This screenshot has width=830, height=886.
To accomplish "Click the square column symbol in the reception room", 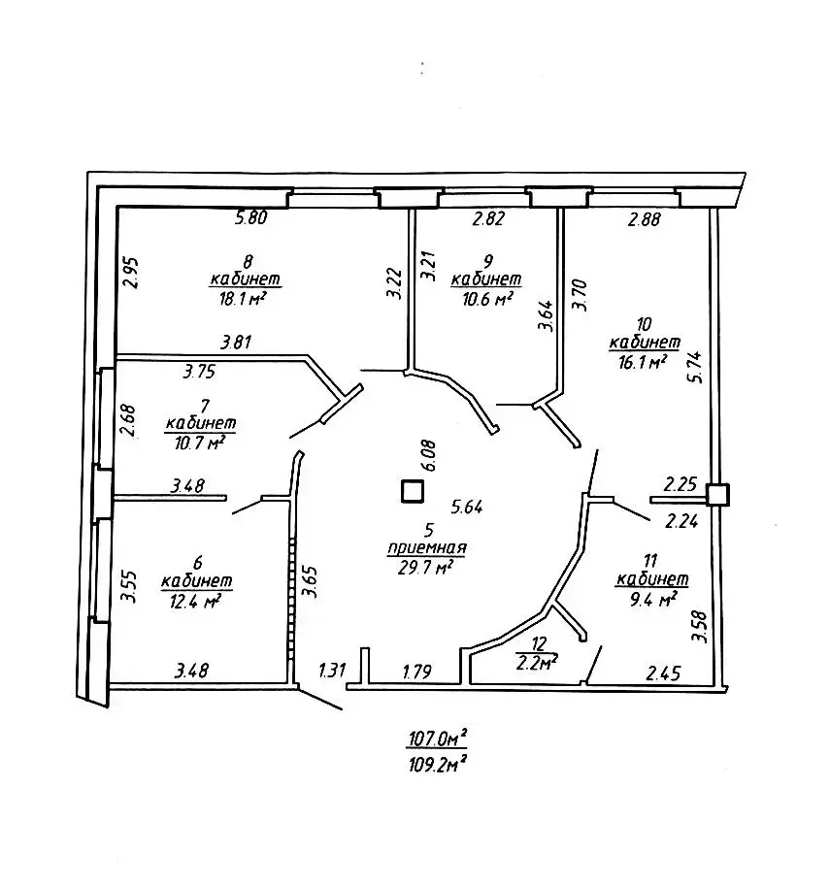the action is tap(413, 491).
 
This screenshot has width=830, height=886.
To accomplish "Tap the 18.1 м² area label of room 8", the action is tap(243, 298).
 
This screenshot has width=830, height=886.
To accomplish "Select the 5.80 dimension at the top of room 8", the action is tap(251, 217).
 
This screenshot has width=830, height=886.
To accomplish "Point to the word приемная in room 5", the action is tap(427, 547).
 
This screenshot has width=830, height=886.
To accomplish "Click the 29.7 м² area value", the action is tap(426, 567).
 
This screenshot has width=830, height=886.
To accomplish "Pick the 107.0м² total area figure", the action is tap(438, 738).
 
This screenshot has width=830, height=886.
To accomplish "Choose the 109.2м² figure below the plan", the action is tap(438, 765).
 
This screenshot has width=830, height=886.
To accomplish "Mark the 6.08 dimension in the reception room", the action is tap(428, 455).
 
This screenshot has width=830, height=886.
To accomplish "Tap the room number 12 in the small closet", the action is tap(539, 643).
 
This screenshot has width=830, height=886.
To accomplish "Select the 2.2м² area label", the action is tap(537, 662).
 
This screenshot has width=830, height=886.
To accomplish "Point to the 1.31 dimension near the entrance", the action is tap(332, 671).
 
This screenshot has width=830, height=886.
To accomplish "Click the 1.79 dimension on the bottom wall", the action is tap(417, 672).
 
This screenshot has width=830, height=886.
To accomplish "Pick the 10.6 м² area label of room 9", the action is tap(487, 298).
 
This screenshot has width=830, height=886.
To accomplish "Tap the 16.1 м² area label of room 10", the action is tap(643, 362).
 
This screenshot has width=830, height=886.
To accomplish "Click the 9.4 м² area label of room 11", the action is tap(653, 599).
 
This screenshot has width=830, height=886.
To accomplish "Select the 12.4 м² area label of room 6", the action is tap(195, 602).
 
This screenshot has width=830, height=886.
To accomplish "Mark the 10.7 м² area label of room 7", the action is tap(200, 443).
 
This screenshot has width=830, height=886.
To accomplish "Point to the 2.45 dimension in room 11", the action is tap(663, 673).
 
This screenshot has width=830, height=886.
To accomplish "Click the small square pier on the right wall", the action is tap(718, 495).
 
